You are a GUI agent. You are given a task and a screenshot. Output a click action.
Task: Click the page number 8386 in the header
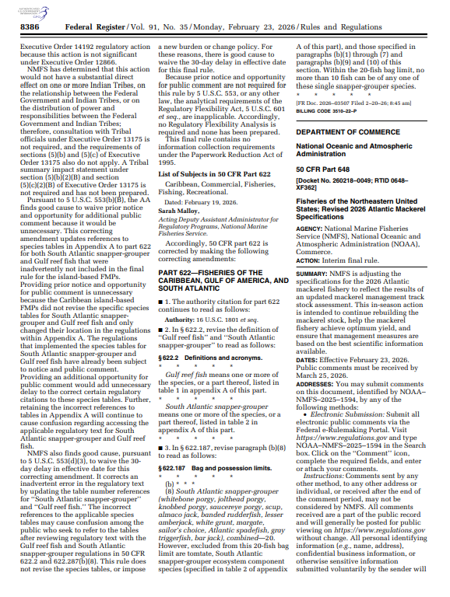[x=30, y=26]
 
